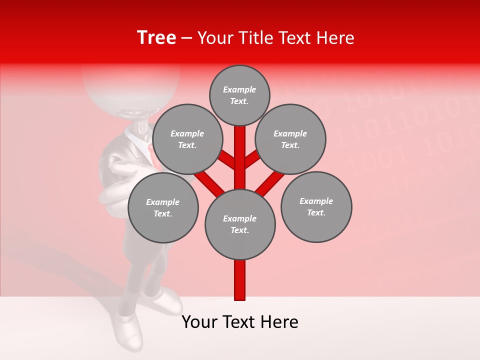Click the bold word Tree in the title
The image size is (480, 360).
click(156, 38)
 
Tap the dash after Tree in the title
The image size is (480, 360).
click(186, 38)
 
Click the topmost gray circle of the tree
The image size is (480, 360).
click(239, 95)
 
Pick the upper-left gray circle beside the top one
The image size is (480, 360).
click(187, 139)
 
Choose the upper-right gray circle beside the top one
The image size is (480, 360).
click(290, 139)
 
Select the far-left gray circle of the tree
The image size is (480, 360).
click(163, 207)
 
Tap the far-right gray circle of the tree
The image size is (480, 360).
click(316, 206)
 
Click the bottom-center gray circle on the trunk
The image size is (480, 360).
click(240, 224)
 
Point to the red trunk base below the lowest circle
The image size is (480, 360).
click(240, 280)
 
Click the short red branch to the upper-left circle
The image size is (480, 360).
click(227, 160)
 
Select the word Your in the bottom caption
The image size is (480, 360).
click(199, 322)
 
